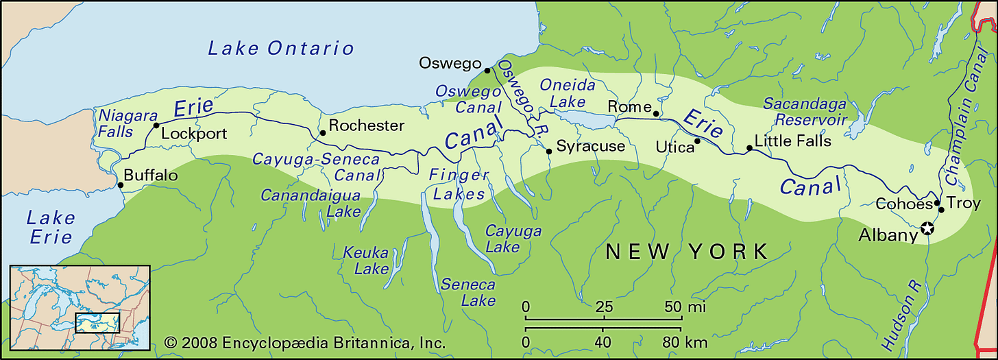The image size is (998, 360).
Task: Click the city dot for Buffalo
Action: [120, 185]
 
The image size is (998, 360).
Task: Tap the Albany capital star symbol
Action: [927, 228]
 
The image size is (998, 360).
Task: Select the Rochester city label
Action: [366, 125]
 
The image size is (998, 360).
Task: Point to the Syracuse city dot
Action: [548, 152]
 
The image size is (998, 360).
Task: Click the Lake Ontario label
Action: [281, 48]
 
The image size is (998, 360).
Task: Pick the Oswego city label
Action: [450, 64]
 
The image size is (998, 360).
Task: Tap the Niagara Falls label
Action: [128, 123]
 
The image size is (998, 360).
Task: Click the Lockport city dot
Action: [156, 125]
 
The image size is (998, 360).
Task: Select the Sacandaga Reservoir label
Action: [805, 112]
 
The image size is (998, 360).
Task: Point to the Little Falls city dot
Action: [748, 148]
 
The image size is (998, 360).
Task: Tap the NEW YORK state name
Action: [687, 252]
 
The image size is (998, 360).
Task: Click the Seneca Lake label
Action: [469, 292]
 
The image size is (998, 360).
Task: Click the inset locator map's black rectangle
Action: [97, 323]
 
